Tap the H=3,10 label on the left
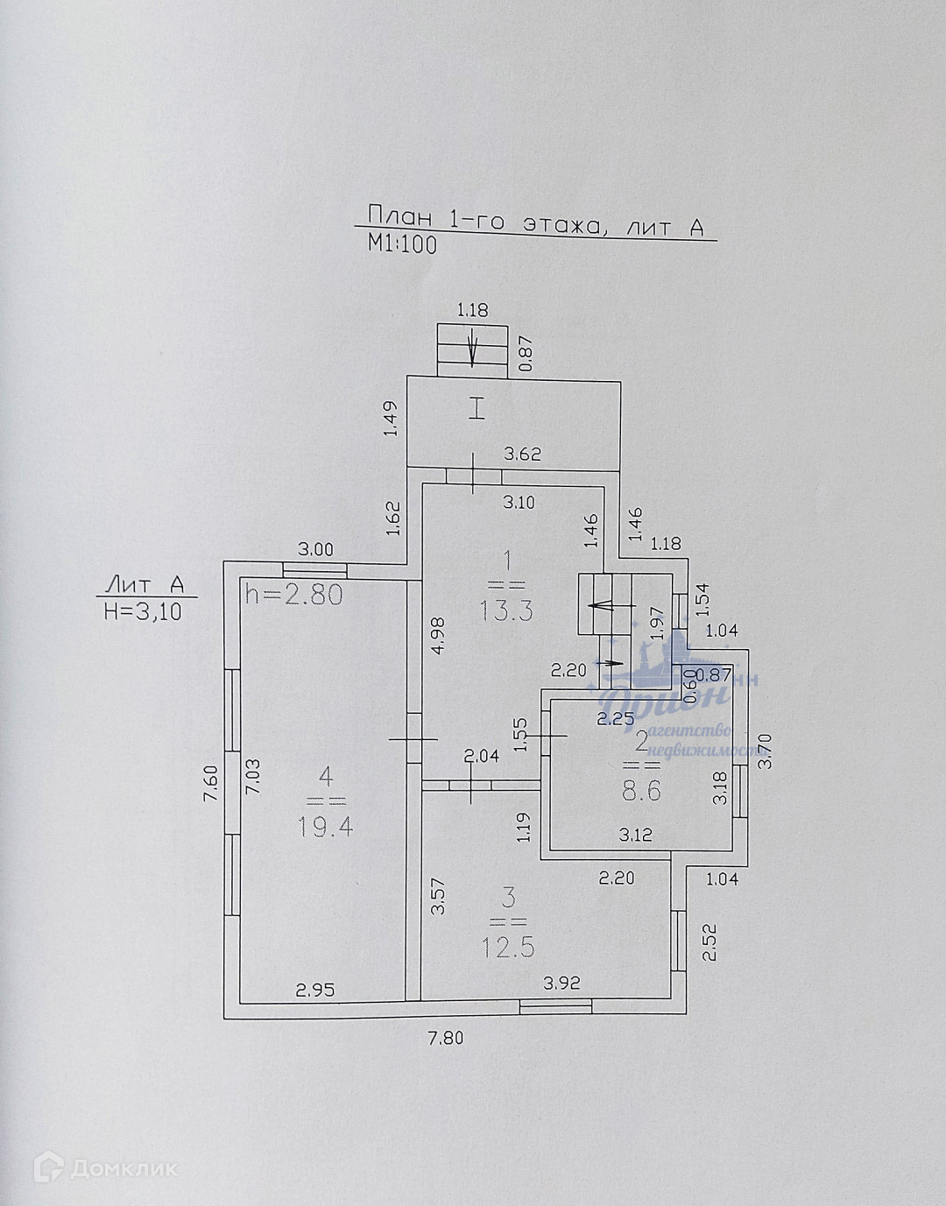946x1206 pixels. click(x=144, y=612)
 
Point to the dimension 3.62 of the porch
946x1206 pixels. click(x=522, y=454)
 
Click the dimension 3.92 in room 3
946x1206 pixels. click(x=561, y=983)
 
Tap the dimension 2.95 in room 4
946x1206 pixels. click(x=314, y=991)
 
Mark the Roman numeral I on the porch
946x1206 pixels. click(x=476, y=408)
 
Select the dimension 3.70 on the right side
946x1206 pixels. click(x=766, y=751)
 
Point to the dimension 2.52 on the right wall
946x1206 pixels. click(x=713, y=942)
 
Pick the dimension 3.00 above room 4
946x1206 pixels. click(x=316, y=550)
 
